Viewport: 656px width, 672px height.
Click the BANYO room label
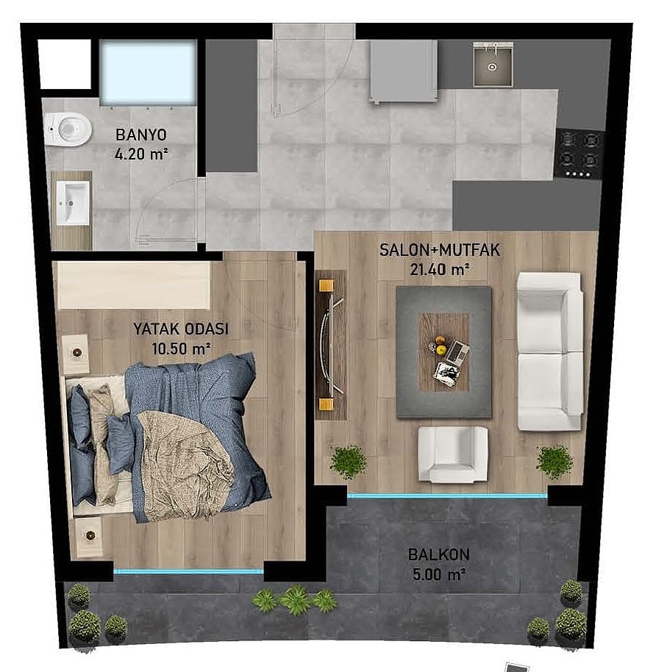click(141, 135)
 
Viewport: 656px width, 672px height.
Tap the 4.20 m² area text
click(141, 154)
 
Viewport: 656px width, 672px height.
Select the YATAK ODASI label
click(181, 329)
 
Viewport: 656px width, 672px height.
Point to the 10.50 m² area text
click(181, 348)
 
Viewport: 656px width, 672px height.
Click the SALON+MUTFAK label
click(440, 250)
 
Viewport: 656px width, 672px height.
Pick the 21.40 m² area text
click(440, 269)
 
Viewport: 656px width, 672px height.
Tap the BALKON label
click(438, 554)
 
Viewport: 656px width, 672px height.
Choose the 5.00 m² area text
click(438, 574)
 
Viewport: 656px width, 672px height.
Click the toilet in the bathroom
click(68, 129)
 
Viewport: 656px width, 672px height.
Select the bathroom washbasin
click(74, 203)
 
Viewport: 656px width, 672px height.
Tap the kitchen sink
click(493, 64)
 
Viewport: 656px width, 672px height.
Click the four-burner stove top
click(578, 154)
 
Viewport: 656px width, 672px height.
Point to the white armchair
click(453, 454)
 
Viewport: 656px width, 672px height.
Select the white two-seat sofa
click(549, 351)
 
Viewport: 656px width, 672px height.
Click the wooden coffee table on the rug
click(443, 352)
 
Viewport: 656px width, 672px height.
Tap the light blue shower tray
click(149, 72)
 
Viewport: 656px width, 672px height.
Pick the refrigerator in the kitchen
click(404, 71)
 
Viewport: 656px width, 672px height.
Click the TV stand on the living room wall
click(330, 345)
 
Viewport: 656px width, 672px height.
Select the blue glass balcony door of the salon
click(447, 496)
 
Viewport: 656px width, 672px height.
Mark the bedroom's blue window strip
click(188, 571)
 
